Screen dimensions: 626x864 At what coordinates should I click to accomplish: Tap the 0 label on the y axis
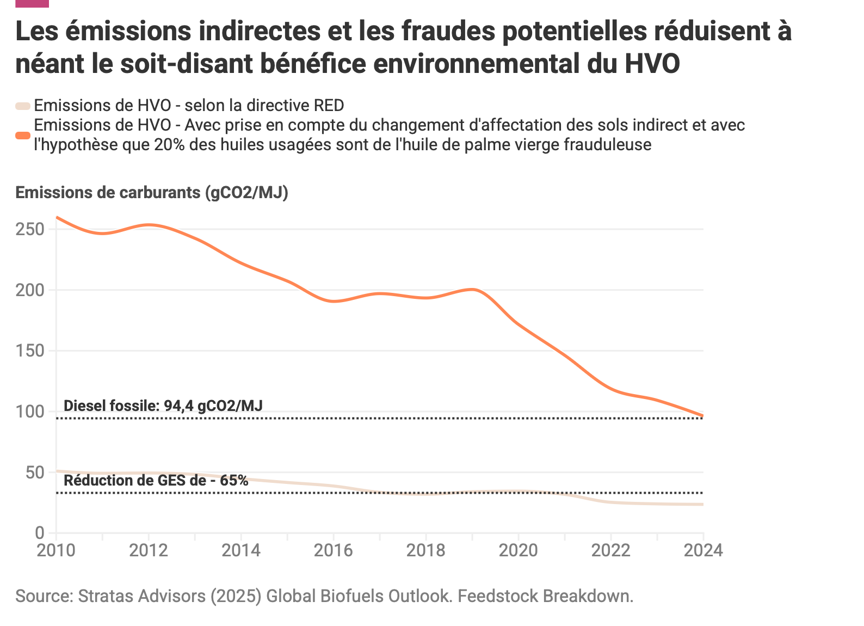point(39,533)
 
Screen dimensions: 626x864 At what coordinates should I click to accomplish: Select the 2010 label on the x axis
point(56,550)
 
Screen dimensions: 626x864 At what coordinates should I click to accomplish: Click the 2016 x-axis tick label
point(334,550)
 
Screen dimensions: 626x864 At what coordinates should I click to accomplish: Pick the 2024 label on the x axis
point(703,550)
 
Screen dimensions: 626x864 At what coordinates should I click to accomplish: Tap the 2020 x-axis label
point(519,550)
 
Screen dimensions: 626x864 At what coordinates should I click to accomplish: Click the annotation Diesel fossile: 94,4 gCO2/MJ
point(163,406)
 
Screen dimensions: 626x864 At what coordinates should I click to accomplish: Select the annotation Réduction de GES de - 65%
point(156,480)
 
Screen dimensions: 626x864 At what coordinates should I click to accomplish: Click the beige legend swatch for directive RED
point(23,106)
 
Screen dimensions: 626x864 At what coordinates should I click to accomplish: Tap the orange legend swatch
point(23,135)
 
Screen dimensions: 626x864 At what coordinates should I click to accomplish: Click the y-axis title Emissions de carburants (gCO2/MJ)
point(152,193)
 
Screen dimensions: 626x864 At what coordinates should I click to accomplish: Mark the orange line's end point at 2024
point(702,416)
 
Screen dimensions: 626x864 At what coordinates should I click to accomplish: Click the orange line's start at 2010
point(57,217)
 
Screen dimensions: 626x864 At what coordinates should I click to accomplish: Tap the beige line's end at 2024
point(702,504)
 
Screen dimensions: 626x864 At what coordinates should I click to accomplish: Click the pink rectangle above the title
point(32,3)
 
